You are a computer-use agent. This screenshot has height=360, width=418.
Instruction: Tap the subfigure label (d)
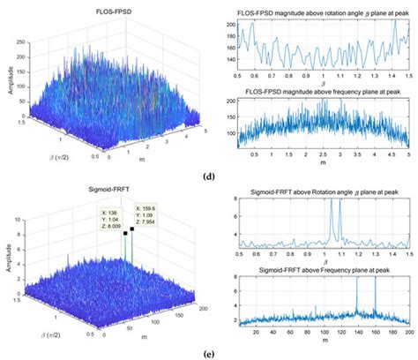click(x=208, y=176)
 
